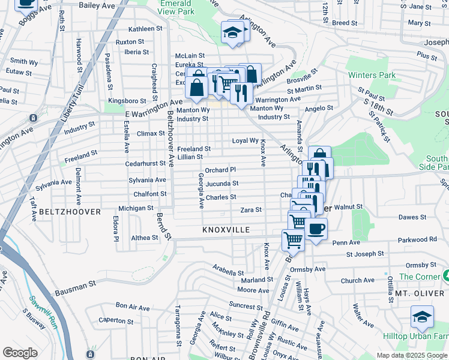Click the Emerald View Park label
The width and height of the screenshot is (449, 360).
177,7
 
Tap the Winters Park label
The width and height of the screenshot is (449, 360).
372,76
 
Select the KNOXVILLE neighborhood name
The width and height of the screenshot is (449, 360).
226,230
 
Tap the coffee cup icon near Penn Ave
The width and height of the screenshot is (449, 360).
316,229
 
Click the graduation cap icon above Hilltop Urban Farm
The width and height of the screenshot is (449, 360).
422,316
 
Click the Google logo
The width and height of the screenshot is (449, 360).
20,352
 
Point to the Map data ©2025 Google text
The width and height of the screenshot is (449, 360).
411,355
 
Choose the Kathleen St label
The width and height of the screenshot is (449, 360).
145,28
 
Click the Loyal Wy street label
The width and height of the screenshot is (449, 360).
245,140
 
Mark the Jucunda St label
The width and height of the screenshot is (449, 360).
222,184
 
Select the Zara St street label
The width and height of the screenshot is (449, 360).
251,210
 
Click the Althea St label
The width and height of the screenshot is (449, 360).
144,238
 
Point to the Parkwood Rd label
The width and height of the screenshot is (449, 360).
417,239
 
